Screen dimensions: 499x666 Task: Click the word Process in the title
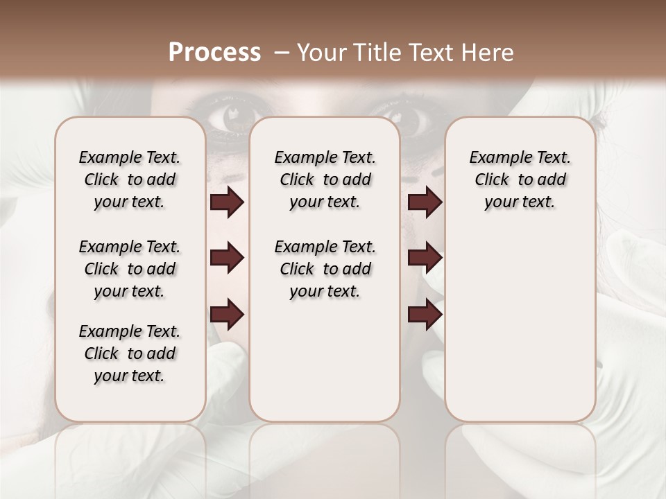click(x=214, y=53)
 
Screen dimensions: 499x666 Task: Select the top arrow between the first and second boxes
click(x=227, y=202)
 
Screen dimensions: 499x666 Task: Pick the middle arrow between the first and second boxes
click(x=227, y=258)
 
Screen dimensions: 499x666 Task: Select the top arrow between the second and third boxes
click(x=425, y=202)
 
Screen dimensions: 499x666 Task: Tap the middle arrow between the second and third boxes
click(x=425, y=258)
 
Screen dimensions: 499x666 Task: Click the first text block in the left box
click(x=130, y=180)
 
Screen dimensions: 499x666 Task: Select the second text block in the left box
click(x=130, y=269)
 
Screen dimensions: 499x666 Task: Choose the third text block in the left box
click(x=130, y=353)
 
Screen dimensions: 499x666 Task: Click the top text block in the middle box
click(x=325, y=180)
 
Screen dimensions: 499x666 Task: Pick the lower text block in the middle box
click(x=325, y=269)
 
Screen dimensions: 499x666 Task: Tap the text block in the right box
click(x=520, y=180)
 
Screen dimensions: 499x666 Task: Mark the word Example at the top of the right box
click(x=495, y=158)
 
